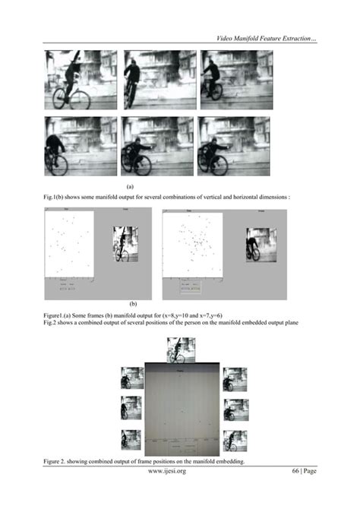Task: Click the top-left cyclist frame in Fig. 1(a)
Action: [81, 79]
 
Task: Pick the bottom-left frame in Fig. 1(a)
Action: [81, 146]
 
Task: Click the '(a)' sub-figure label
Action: [130, 185]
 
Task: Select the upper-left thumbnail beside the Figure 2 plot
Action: [133, 378]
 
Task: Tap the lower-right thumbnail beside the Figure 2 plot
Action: [234, 440]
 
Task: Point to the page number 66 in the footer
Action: [296, 471]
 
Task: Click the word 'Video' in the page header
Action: [226, 38]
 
